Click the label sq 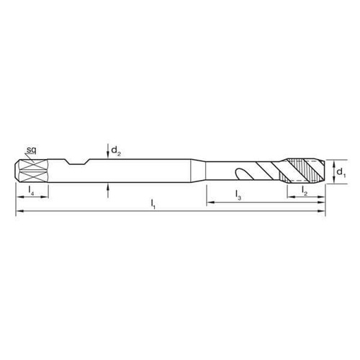[x=31, y=149]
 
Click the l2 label [x=305, y=192]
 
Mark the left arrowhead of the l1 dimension [x=19, y=212]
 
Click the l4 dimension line [x=32, y=197]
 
